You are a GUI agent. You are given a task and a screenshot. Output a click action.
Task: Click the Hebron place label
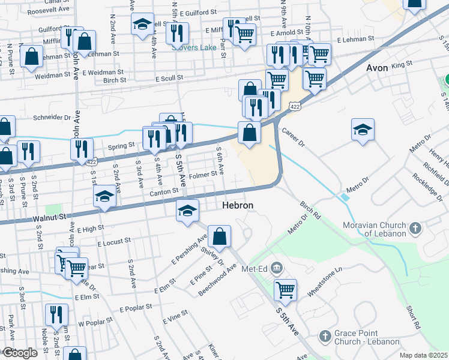coord(238,205)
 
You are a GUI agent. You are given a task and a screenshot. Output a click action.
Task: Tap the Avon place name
coord(377,68)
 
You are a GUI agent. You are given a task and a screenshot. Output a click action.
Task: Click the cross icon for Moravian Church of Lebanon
coord(415,228)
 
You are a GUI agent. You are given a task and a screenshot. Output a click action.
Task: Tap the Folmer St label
coord(202,175)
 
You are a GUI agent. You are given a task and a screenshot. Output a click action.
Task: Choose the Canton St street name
coord(164,191)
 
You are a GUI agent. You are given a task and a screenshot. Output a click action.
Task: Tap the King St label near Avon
coord(402,64)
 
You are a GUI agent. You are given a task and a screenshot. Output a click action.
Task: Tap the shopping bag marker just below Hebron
coord(220,237)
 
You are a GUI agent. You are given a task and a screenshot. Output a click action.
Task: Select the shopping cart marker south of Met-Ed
coord(285,290)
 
